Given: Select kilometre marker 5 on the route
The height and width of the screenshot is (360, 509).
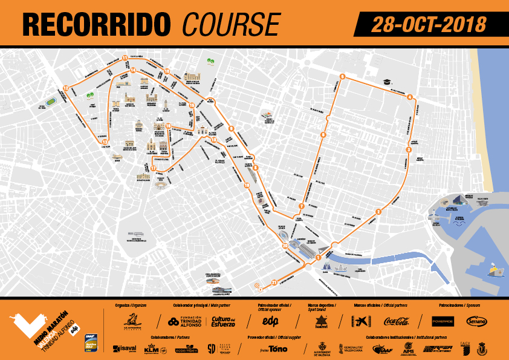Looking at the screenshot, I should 342,76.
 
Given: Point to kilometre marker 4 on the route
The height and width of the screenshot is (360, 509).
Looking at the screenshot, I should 410,97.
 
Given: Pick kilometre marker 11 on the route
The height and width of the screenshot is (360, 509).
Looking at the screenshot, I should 125,58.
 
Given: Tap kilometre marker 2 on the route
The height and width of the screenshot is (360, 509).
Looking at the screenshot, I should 378,211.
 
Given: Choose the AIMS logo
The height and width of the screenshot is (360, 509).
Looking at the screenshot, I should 407,349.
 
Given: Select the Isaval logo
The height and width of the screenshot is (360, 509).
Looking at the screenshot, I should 125,349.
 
